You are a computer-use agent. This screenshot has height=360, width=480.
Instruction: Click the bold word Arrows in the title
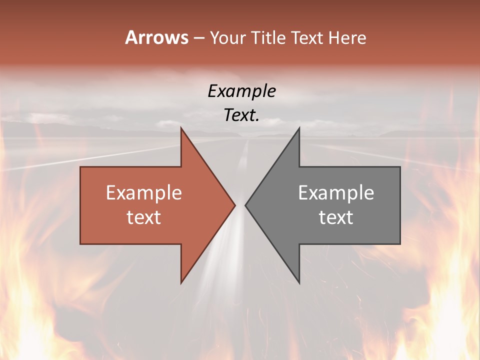click(x=156, y=37)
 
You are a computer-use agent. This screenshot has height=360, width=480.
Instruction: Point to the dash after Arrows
click(x=198, y=38)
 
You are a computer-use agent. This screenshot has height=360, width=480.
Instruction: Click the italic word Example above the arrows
click(x=241, y=91)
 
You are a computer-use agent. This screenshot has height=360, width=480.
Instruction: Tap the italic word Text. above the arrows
click(x=241, y=115)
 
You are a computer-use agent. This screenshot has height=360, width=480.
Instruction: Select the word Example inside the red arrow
click(x=143, y=192)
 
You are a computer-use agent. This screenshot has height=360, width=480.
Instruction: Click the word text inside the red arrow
click(x=143, y=217)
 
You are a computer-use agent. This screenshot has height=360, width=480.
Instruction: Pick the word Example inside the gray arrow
click(x=336, y=192)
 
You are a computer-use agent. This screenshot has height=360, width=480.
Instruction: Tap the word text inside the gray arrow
click(x=336, y=217)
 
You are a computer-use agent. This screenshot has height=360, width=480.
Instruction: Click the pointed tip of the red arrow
click(x=235, y=205)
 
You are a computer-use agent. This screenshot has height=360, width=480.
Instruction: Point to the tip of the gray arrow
click(x=245, y=205)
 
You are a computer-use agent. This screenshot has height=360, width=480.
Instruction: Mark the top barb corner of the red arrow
click(x=181, y=128)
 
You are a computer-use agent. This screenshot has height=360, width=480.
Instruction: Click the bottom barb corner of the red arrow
click(x=181, y=283)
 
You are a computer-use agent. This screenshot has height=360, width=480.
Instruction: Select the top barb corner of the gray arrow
click(x=299, y=128)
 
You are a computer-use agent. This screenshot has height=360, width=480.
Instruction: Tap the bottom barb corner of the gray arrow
click(x=299, y=283)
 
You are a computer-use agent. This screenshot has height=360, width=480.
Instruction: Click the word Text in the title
click(x=306, y=38)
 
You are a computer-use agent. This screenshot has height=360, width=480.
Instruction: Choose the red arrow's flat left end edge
click(x=80, y=205)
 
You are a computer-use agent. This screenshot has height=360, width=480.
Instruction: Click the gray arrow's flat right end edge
click(x=400, y=205)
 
